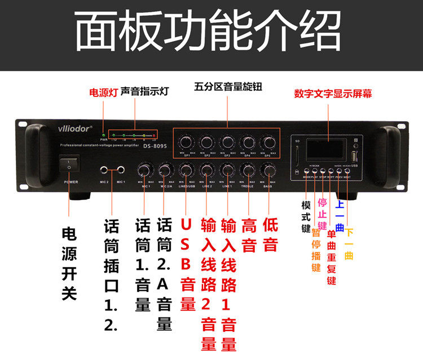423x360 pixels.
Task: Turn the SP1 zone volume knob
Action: (186, 141)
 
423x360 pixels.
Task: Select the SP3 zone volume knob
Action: (227, 141)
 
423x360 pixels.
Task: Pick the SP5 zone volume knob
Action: (267, 141)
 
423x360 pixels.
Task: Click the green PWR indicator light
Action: (104, 135)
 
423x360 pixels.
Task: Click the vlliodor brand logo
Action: (74, 129)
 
